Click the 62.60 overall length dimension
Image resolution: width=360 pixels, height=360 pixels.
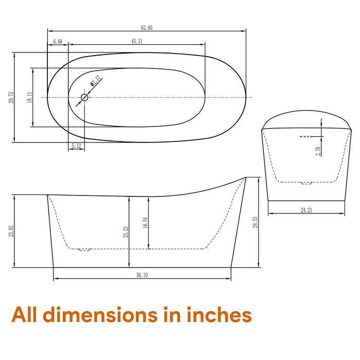pyautogui.click(x=147, y=28)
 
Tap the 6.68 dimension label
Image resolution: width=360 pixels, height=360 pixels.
pyautogui.click(x=58, y=41)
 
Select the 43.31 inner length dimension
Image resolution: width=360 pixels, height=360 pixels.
pyautogui.click(x=137, y=41)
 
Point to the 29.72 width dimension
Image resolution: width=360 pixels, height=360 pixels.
pyautogui.click(x=11, y=97)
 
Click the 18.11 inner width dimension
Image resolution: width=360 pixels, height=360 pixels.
pyautogui.click(x=30, y=97)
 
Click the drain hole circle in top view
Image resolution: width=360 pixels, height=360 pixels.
pyautogui.click(x=84, y=98)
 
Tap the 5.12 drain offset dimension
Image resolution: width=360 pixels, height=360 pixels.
pyautogui.click(x=76, y=146)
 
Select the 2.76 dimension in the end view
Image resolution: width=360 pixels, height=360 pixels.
pyautogui.click(x=318, y=151)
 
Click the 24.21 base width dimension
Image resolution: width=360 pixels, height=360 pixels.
pyautogui.click(x=307, y=210)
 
